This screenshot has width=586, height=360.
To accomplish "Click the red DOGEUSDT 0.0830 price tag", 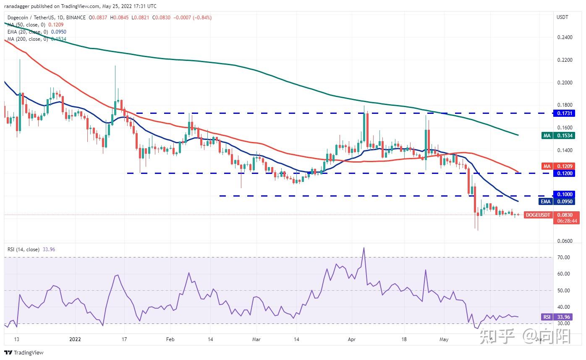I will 552,215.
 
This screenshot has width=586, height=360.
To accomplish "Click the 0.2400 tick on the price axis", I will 564,37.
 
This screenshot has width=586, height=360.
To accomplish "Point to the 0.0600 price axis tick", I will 564,241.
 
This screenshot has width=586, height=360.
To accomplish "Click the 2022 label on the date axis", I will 75,339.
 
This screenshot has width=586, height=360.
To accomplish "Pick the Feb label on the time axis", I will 169,339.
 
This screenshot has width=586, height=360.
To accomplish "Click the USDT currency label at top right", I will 562,17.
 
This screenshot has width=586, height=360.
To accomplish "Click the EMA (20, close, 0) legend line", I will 37,32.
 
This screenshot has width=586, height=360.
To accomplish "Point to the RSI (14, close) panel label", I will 24,250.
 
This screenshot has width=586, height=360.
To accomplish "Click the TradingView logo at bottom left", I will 24,352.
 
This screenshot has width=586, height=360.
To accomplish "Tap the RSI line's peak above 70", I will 364,248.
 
